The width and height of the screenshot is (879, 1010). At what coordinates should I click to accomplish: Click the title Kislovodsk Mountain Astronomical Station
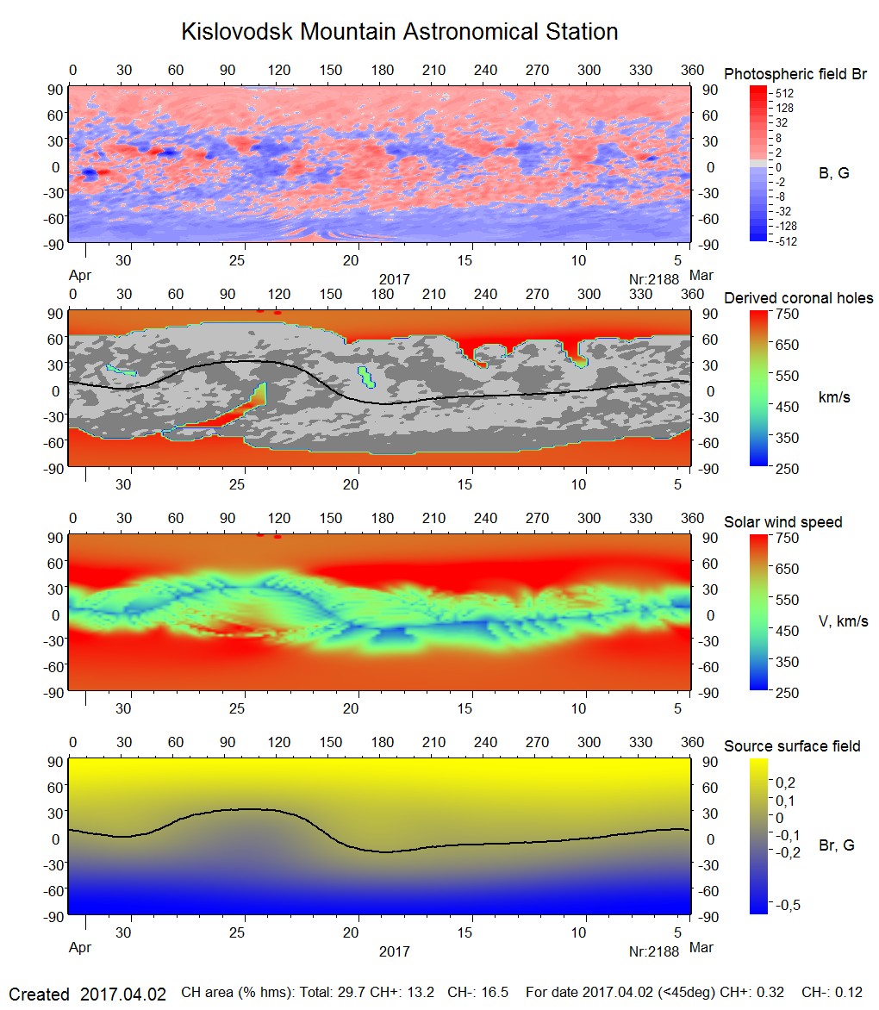point(399,33)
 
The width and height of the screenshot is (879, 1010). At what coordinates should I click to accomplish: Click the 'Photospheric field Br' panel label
point(795,75)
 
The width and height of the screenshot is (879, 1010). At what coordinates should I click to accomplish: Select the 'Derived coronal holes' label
point(798,299)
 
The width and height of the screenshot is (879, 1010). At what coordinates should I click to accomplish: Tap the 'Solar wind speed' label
point(782,523)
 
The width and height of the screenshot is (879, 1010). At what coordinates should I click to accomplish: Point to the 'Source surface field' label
point(792,746)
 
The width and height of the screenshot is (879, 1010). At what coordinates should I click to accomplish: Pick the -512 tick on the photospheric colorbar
point(785,241)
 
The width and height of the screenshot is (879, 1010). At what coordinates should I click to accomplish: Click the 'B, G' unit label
point(833,174)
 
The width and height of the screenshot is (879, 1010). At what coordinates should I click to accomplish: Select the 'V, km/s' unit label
point(843,621)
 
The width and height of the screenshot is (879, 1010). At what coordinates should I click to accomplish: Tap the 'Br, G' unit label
point(836,845)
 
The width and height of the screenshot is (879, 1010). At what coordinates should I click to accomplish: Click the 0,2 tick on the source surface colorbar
point(785,782)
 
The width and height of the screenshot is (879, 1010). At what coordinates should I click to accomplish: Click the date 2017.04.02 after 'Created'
point(123,994)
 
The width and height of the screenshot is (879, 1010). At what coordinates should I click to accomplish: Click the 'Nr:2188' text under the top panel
point(655,279)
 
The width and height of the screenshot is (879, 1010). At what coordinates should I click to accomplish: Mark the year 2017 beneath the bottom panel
point(394,951)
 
